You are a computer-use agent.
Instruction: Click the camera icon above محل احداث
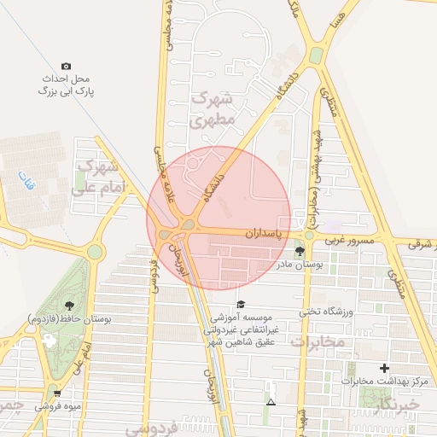tap(67, 66)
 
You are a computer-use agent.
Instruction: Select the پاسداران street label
tap(262, 232)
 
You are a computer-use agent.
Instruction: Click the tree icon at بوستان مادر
tap(300, 250)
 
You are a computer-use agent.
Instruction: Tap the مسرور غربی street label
tap(347, 242)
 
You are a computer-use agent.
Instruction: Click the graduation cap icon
tap(241, 304)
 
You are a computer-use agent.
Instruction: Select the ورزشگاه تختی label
tap(326, 312)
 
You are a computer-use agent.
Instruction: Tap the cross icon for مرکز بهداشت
tap(385, 368)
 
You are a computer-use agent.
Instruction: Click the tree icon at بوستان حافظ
tap(69, 305)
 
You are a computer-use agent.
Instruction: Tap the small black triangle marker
tap(271, 401)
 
